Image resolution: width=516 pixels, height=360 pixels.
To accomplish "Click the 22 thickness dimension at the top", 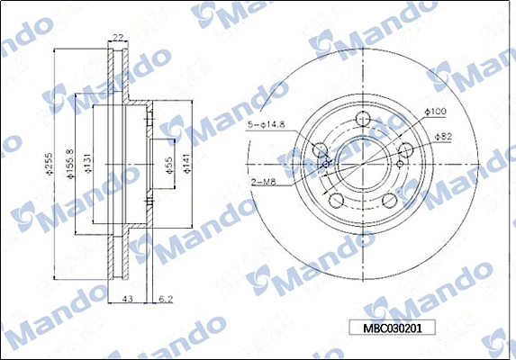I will (117, 37).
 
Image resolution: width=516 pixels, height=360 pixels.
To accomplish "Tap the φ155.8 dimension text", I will (69, 164).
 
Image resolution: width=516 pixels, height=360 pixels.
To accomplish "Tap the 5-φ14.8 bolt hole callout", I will (267, 124).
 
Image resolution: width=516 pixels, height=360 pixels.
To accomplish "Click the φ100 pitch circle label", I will (436, 112).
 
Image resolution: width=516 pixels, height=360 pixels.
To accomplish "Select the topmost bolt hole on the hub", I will (364, 119).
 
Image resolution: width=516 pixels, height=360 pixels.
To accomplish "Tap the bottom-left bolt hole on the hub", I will (336, 200).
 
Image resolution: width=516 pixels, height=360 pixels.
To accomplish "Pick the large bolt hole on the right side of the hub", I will (406, 150).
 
